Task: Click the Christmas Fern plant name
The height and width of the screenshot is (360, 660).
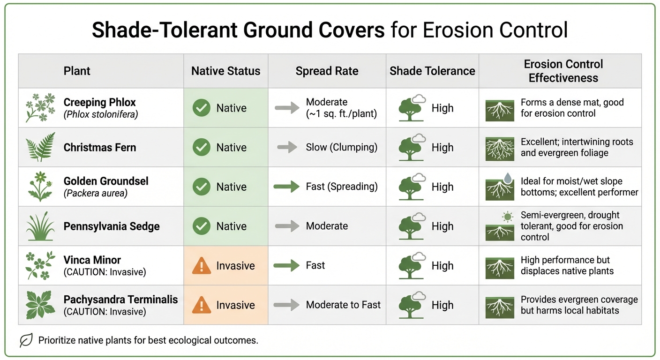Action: tap(99, 148)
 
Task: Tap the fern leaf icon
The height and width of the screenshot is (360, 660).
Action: tap(40, 147)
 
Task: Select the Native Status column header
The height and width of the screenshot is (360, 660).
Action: tap(225, 71)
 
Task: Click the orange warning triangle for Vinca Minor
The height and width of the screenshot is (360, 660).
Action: tap(202, 266)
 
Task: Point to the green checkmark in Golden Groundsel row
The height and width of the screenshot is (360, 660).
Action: tap(202, 187)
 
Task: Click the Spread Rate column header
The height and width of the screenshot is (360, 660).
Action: tap(327, 71)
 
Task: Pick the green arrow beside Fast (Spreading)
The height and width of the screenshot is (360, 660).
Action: tap(286, 187)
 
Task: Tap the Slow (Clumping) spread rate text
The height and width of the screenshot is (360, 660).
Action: tap(341, 147)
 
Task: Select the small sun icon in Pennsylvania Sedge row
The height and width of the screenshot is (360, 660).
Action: tap(507, 217)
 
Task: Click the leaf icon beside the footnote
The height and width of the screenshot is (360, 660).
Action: tap(26, 340)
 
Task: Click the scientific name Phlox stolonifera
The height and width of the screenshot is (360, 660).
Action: tap(101, 114)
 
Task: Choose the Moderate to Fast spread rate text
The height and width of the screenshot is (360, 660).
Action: tap(343, 305)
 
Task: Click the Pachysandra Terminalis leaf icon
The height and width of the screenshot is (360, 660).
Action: tap(40, 305)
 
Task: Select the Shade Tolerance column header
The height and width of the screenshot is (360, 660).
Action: tap(432, 71)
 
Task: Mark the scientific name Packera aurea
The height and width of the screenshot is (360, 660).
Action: tap(96, 193)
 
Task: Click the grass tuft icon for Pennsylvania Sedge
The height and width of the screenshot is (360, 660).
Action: tap(40, 226)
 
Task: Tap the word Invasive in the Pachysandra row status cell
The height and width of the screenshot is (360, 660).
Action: tap(235, 305)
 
